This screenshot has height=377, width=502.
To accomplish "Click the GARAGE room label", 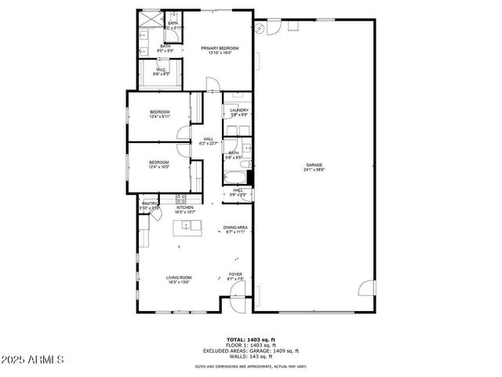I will coord(315,165).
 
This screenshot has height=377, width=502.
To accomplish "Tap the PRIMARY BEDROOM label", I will coord(220,49).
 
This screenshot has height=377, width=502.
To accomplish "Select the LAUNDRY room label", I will coord(239,110).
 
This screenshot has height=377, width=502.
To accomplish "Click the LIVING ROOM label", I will coord(178,277).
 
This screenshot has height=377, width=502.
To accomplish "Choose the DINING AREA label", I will coord(235,228).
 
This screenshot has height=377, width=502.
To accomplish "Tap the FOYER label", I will coord(235,274).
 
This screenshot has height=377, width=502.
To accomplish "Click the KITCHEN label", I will coord(184,207).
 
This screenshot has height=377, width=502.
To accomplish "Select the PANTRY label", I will coord(149,203).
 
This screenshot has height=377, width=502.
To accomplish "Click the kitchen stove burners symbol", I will coord(180,198).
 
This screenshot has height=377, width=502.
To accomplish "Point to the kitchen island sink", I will coord(187,227).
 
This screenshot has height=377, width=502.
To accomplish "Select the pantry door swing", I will coord(155,213).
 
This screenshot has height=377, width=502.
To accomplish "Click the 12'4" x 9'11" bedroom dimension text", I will coord(159,117).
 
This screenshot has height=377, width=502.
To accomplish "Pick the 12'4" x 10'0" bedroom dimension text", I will coord(159,167).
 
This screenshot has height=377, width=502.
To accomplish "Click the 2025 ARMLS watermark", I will coord(34,361).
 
